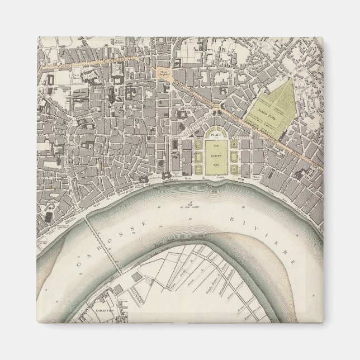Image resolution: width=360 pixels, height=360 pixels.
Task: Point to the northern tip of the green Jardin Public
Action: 289,79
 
